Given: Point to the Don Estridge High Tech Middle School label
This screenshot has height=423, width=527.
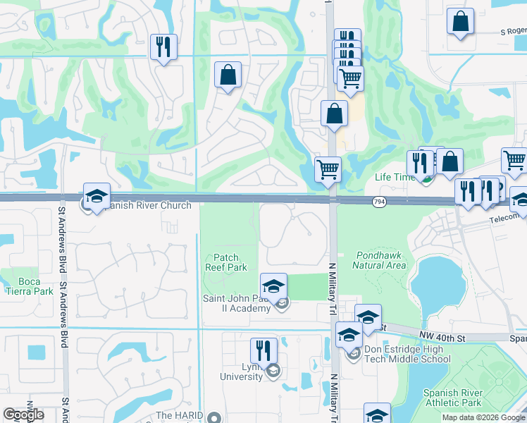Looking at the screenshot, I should click(x=407, y=354).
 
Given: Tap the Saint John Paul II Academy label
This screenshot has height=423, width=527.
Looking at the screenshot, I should click(x=237, y=303).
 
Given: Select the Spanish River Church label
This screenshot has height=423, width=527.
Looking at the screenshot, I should click(x=144, y=206).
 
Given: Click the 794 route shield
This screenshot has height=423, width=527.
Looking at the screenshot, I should click(x=378, y=202).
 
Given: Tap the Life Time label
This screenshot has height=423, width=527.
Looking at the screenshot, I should click(x=395, y=178).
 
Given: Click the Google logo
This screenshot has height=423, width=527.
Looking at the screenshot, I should click(x=23, y=415).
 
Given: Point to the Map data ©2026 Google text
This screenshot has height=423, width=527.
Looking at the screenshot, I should click(x=483, y=417).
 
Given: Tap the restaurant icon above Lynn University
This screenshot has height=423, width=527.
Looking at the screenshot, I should click(x=263, y=350).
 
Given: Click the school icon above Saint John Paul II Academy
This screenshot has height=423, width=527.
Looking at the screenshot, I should click(x=273, y=286).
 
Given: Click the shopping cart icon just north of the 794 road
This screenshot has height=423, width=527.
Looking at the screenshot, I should click(x=328, y=169).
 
